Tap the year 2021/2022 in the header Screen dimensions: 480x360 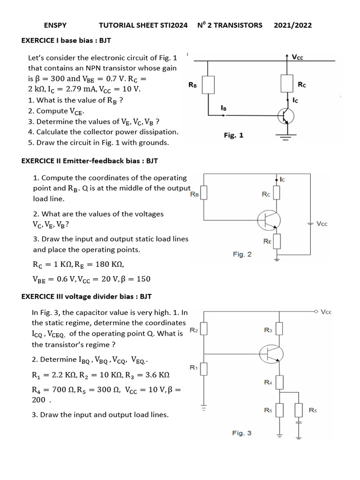(292, 25)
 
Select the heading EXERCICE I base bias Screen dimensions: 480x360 (66, 40)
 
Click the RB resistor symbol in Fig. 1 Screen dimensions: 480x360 (209, 85)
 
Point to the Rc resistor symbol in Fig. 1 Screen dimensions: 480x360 (287, 83)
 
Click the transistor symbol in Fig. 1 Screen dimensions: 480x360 (285, 116)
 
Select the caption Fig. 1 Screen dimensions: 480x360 (233, 135)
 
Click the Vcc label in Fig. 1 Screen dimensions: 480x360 (297, 57)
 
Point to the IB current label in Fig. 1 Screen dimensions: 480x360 (224, 108)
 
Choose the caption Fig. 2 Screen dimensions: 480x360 (242, 254)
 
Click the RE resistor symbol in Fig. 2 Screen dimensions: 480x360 (277, 241)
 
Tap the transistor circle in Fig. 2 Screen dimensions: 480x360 (269, 218)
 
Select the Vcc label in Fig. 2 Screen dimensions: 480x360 (322, 224)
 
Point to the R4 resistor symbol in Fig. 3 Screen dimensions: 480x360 (279, 382)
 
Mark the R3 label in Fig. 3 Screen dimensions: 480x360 (268, 330)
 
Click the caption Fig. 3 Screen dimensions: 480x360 (241, 433)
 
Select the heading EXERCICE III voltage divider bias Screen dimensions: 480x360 (87, 296)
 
